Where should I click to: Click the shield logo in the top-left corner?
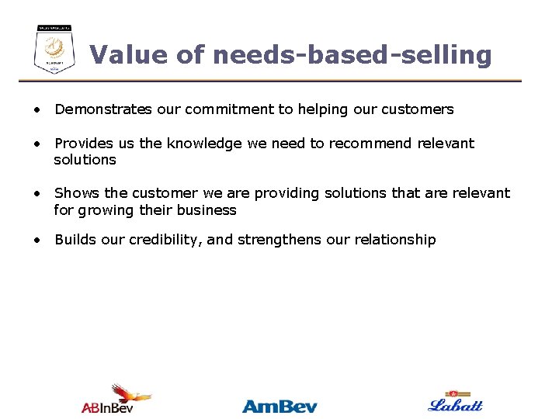[54, 49]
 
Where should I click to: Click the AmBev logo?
[279, 405]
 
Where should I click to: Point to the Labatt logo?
[456, 402]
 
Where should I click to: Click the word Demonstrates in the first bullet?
[103, 109]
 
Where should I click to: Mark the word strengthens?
[279, 240]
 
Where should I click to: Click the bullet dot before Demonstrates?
[36, 110]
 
